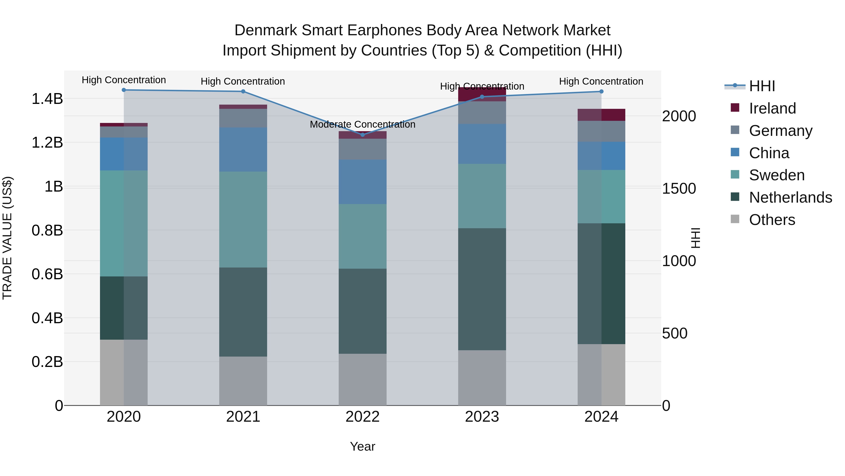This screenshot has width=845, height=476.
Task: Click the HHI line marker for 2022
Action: tap(362, 135)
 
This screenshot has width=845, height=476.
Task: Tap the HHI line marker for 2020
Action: tap(124, 90)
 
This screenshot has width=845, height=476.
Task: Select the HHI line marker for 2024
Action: tap(601, 91)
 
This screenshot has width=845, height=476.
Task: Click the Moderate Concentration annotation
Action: tap(362, 125)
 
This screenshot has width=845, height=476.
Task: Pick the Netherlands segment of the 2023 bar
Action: tap(482, 289)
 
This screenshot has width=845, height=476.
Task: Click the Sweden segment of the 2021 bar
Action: tap(243, 220)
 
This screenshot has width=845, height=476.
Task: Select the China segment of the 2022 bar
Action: tap(362, 182)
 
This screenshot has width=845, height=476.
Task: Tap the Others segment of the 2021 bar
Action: tap(243, 381)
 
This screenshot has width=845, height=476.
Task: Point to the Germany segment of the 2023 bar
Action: tap(482, 112)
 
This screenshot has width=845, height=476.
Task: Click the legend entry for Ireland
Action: tap(772, 108)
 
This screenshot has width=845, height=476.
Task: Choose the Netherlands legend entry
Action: tap(790, 197)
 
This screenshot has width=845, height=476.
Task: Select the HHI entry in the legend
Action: tap(762, 86)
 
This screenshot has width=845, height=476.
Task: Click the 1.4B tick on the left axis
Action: tap(47, 98)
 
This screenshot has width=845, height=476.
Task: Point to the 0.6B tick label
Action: tap(47, 274)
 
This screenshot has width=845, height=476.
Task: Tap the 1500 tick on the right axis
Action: tap(679, 189)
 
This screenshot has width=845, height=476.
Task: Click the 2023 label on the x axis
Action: tap(482, 417)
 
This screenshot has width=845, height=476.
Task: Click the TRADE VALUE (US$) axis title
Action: tap(7, 238)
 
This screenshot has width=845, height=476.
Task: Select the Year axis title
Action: tap(362, 446)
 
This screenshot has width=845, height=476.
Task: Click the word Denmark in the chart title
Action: tap(266, 30)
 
